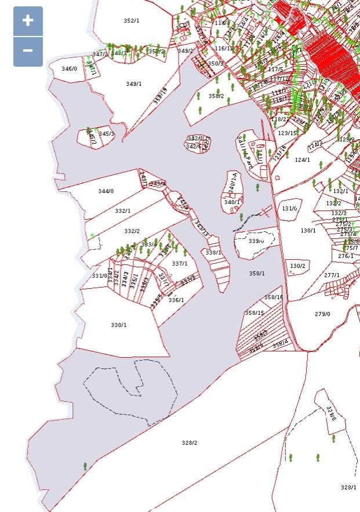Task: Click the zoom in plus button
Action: [28, 21]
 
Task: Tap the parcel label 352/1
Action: [132, 21]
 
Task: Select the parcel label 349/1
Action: [134, 84]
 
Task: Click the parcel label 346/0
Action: [70, 69]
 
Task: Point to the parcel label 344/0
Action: [106, 191]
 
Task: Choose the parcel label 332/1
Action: [123, 211]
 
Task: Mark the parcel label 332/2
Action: [132, 231]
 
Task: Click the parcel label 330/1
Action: [119, 325]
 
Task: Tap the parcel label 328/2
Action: [190, 443]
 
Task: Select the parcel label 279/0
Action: [322, 314]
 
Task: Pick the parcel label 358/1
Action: [257, 273]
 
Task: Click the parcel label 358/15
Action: [254, 313]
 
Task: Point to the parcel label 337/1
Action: [180, 264]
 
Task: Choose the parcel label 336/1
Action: [176, 300]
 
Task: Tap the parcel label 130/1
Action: [308, 231]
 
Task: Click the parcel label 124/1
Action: [303, 160]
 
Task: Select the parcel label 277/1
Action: [332, 275]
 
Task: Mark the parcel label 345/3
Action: [107, 134]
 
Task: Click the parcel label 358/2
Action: [216, 96]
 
